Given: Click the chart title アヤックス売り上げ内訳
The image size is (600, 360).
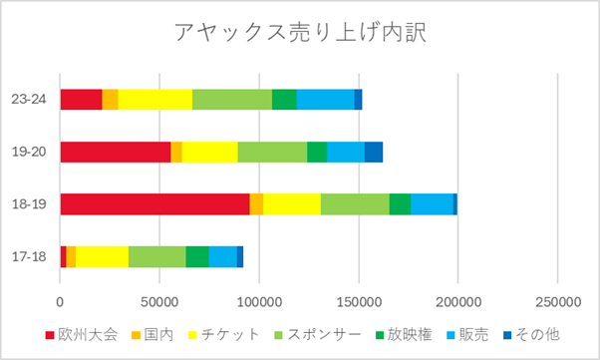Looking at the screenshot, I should pyautogui.click(x=300, y=34).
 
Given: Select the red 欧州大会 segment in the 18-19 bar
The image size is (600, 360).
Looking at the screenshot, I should pyautogui.click(x=154, y=203).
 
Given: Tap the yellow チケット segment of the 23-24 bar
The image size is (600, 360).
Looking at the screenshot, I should pyautogui.click(x=154, y=99).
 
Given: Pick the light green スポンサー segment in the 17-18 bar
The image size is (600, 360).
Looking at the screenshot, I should pyautogui.click(x=156, y=256).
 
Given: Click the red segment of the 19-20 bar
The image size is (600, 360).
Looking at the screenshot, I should pyautogui.click(x=115, y=152).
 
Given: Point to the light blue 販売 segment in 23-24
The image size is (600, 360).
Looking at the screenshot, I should pyautogui.click(x=325, y=99).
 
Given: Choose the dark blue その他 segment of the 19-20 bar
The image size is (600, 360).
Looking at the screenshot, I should pyautogui.click(x=373, y=152).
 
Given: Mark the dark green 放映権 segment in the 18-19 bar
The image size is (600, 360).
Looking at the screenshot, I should pyautogui.click(x=400, y=203).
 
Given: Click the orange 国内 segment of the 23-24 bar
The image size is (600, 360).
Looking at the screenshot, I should pyautogui.click(x=110, y=99).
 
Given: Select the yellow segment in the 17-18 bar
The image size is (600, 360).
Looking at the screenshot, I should pyautogui.click(x=102, y=256).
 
